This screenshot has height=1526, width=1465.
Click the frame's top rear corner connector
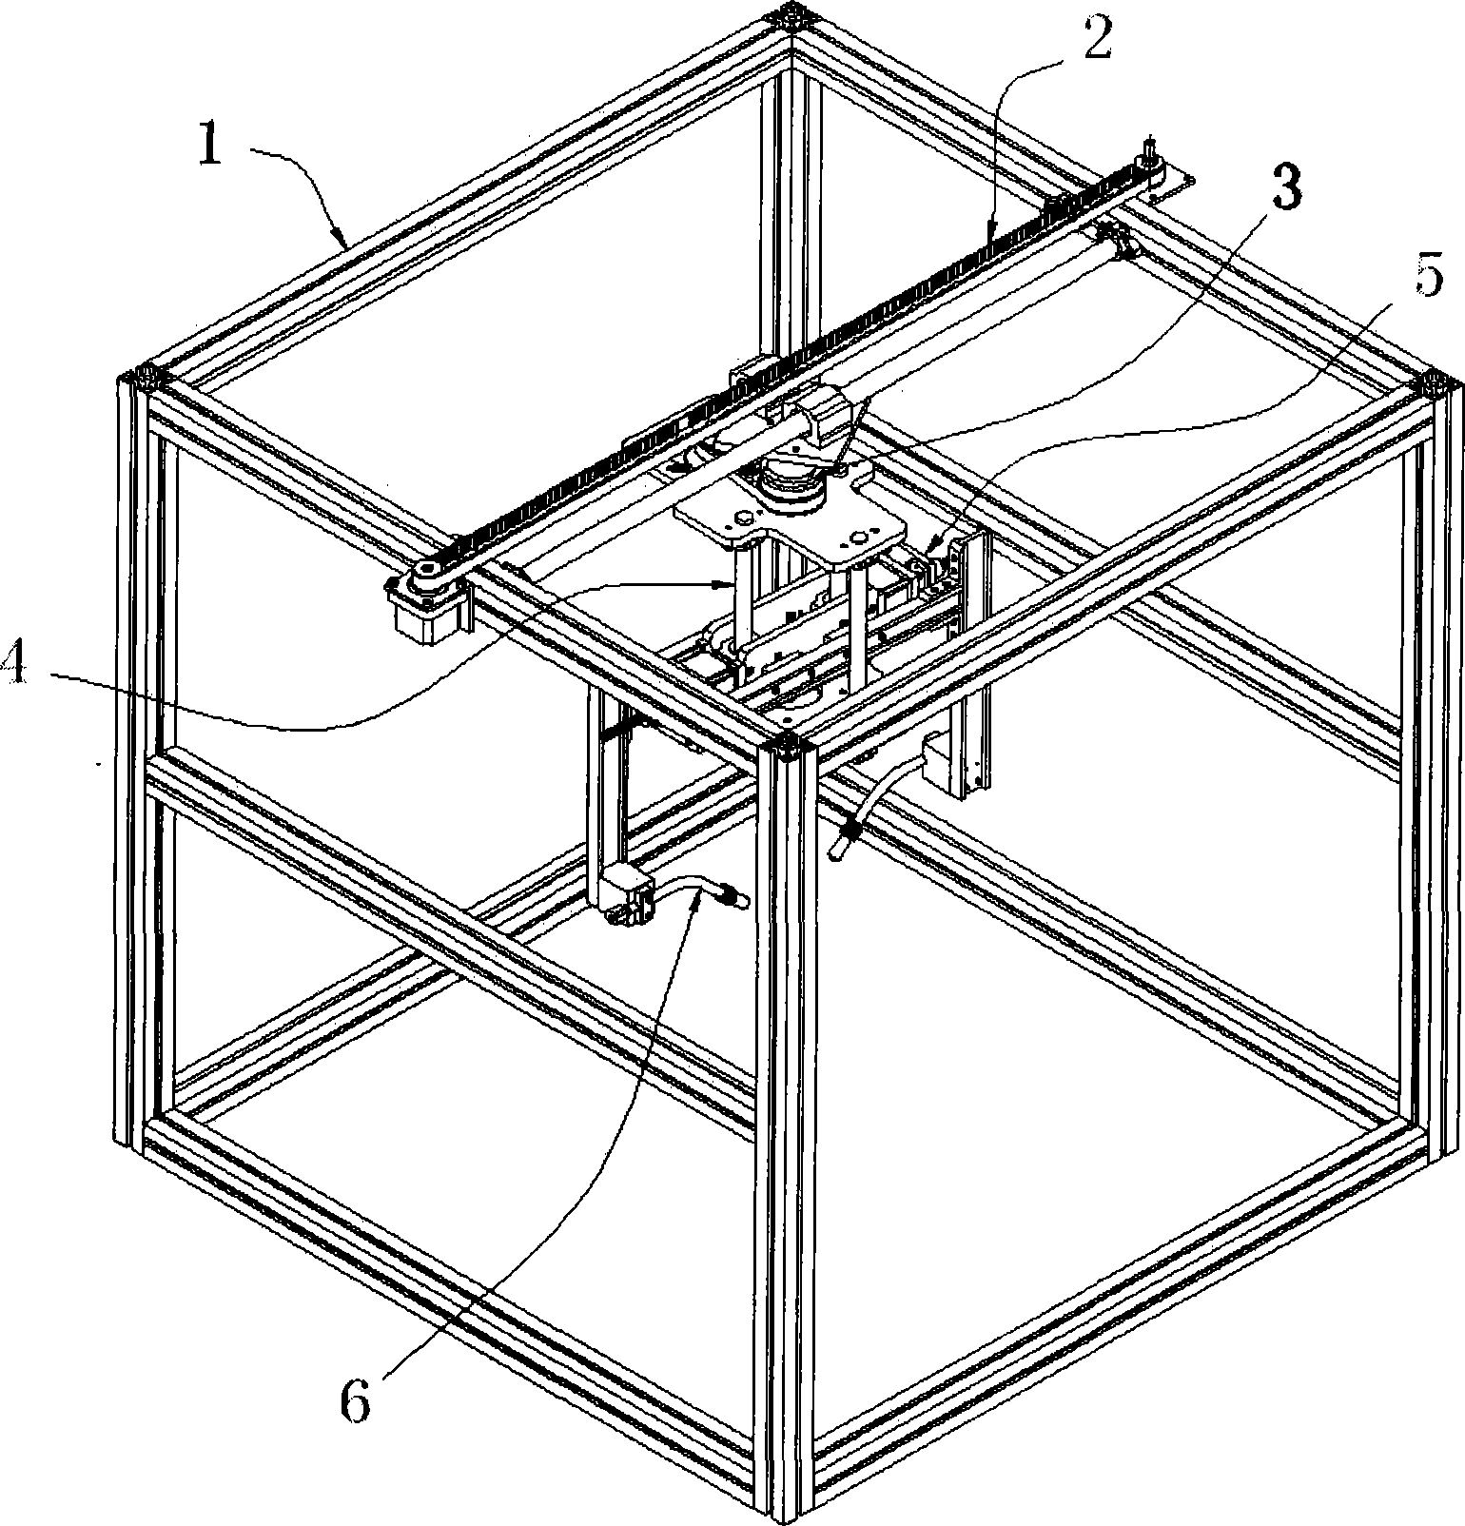791,16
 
